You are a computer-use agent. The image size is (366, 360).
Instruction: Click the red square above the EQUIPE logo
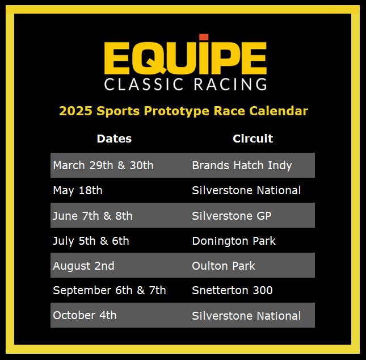tap(204, 37)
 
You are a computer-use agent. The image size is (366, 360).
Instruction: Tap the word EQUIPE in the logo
tap(186, 58)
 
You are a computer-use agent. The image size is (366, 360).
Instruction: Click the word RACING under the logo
tap(230, 84)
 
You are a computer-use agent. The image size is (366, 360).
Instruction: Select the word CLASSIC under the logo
tap(144, 84)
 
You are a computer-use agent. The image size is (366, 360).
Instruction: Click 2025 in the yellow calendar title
tap(75, 111)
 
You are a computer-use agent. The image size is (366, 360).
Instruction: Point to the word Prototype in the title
tap(176, 111)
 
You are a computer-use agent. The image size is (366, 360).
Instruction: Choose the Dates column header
tap(114, 139)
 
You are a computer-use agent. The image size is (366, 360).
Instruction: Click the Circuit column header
tap(253, 139)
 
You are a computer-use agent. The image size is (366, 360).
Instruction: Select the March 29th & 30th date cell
tap(103, 165)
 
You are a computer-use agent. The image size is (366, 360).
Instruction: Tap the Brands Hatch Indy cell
tap(242, 166)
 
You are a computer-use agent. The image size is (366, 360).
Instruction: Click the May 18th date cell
tap(78, 191)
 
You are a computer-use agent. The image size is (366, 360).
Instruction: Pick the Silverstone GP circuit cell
tap(232, 216)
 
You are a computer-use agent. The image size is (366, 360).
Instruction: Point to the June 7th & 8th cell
tap(92, 216)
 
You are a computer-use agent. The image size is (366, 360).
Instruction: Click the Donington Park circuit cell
tap(234, 241)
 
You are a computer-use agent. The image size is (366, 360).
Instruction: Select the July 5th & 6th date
tap(91, 241)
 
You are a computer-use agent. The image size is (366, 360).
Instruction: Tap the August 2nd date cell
tap(83, 266)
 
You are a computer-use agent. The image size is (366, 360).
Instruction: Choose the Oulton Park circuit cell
tap(224, 266)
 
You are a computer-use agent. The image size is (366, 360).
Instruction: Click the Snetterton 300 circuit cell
tap(232, 290)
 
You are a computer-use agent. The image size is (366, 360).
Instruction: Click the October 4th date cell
tap(85, 315)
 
